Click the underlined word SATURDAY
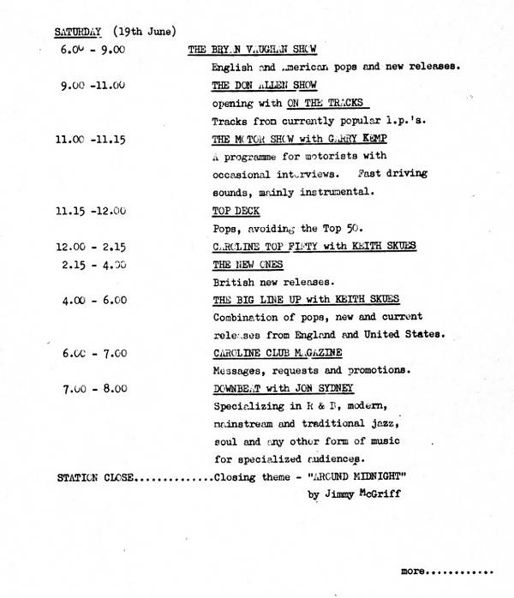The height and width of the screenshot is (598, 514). tap(78, 33)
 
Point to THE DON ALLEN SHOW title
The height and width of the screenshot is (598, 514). tap(264, 86)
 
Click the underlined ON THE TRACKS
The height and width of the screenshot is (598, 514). tap(322, 104)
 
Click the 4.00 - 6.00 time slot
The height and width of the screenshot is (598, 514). tap(94, 300)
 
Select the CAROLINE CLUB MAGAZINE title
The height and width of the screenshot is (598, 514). tap(277, 353)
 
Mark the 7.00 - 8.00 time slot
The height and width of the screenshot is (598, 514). tap(94, 389)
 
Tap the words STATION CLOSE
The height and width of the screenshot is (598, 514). tap(95, 478)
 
